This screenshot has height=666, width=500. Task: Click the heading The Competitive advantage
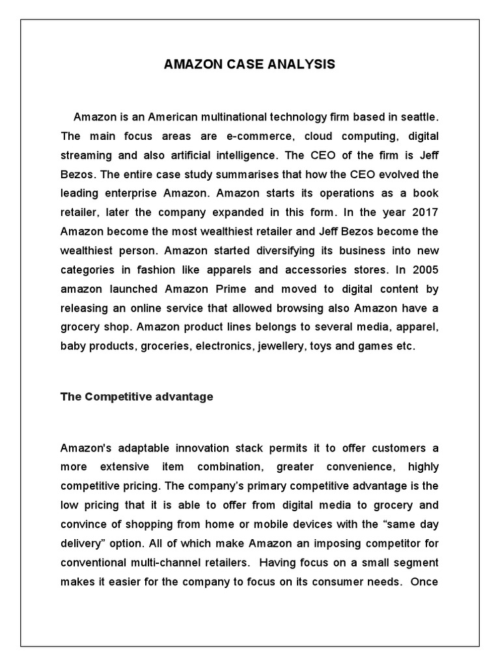[x=137, y=397]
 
